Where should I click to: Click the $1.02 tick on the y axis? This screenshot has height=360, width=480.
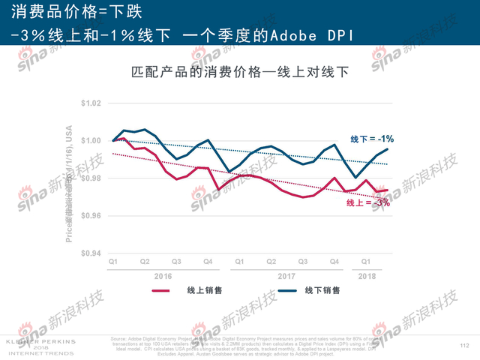coord(90,103)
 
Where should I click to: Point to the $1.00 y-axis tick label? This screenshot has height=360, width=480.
coord(90,141)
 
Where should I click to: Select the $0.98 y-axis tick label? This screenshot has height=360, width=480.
coord(90,178)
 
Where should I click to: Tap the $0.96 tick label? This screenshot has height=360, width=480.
coord(90,216)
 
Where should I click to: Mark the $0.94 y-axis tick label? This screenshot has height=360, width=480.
coord(90,253)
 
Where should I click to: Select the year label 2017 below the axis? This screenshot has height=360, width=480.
coord(286,275)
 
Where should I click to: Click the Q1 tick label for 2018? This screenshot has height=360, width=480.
coord(365,262)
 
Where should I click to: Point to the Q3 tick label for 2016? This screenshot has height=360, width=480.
coord(175,262)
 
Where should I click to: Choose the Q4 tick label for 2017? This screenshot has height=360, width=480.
coord(334,262)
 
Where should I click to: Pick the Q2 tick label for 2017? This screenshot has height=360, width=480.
coord(271,262)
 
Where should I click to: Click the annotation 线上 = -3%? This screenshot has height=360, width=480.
coord(368,203)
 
